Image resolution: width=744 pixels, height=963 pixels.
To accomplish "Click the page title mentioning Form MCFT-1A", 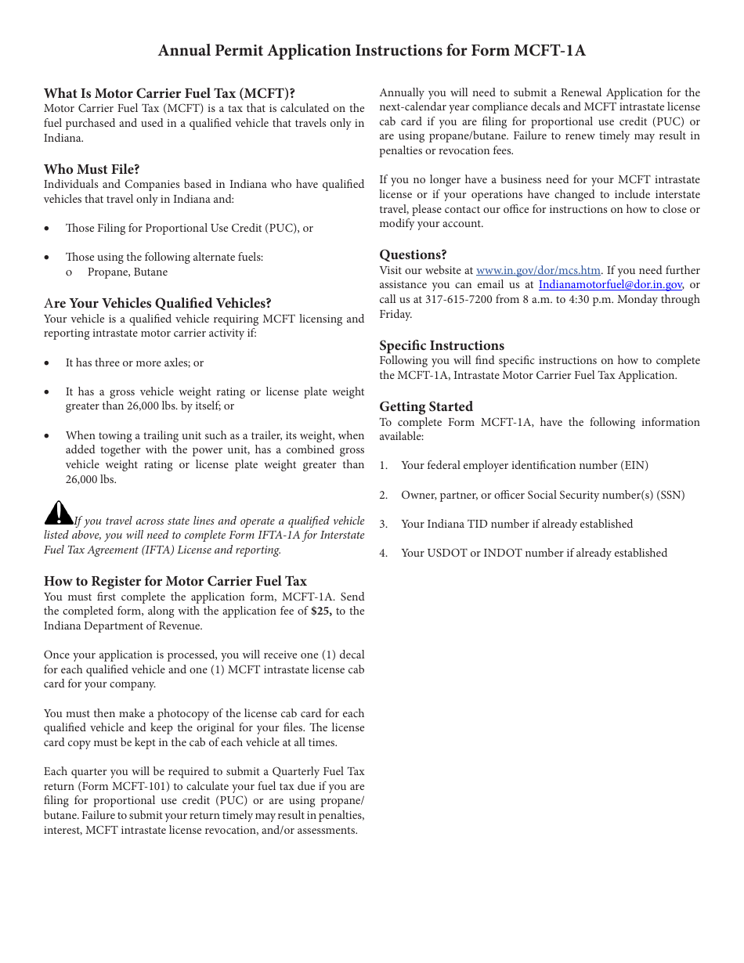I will tap(371, 51).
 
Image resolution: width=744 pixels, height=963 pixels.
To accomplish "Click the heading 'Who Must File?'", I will tap(92, 169).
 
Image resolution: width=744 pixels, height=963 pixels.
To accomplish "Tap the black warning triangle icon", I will tap(58, 513).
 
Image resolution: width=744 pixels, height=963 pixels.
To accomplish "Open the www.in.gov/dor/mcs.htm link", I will tap(538, 270).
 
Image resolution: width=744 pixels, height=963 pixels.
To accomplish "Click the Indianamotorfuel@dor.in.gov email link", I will tap(610, 285).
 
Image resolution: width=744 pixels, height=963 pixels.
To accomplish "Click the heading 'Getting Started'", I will tap(426, 406).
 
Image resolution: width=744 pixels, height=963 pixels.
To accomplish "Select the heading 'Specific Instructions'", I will tap(442, 345).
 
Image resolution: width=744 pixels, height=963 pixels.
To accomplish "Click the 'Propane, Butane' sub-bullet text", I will tap(127, 272).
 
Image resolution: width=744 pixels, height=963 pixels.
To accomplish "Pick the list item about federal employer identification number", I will tap(524, 465).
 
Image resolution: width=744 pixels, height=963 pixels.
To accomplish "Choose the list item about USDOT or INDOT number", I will tap(533, 553).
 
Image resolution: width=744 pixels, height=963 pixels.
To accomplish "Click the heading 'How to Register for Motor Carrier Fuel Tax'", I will tap(175, 581).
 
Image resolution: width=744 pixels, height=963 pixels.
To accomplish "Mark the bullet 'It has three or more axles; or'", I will tap(134, 362).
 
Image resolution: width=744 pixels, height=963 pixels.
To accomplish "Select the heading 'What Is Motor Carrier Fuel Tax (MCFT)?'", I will tap(169, 93).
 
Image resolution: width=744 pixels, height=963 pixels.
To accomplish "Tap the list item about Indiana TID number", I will tap(516, 524).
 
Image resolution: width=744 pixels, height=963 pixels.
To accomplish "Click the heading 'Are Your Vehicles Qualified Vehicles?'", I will tap(157, 303).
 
